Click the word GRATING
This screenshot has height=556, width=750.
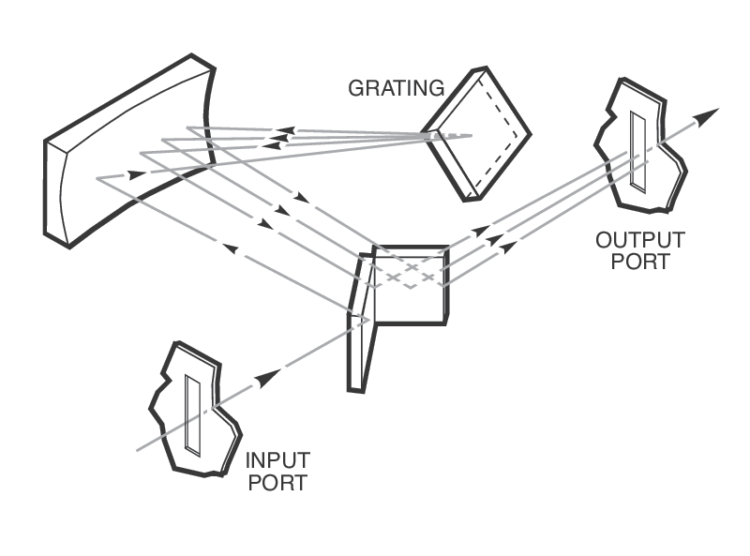(396, 89)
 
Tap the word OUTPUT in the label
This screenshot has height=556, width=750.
(640, 240)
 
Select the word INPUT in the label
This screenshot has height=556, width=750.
(278, 461)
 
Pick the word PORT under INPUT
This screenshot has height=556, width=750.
(278, 483)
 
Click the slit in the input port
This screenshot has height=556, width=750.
(193, 413)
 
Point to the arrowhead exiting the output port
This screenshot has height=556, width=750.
(709, 114)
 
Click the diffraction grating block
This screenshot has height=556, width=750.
(478, 131)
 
